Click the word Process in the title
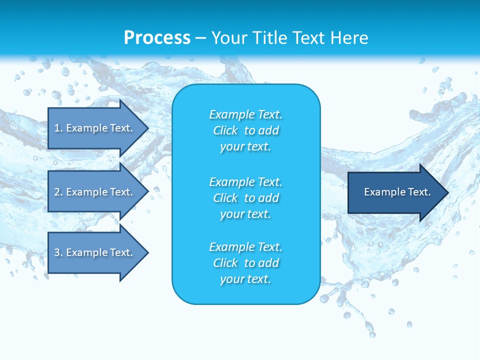click(157, 38)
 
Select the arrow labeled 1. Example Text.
click(95, 128)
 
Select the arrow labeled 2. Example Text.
click(95, 192)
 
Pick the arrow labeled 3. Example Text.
click(95, 252)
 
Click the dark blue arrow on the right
click(395, 192)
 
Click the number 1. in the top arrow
click(58, 128)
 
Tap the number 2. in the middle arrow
click(58, 192)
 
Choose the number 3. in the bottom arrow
click(58, 252)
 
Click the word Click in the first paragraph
click(225, 130)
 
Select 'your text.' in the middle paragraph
click(245, 214)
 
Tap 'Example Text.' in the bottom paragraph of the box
click(245, 247)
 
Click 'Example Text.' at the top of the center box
click(245, 114)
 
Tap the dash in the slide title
click(201, 38)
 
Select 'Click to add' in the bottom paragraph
click(245, 263)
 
